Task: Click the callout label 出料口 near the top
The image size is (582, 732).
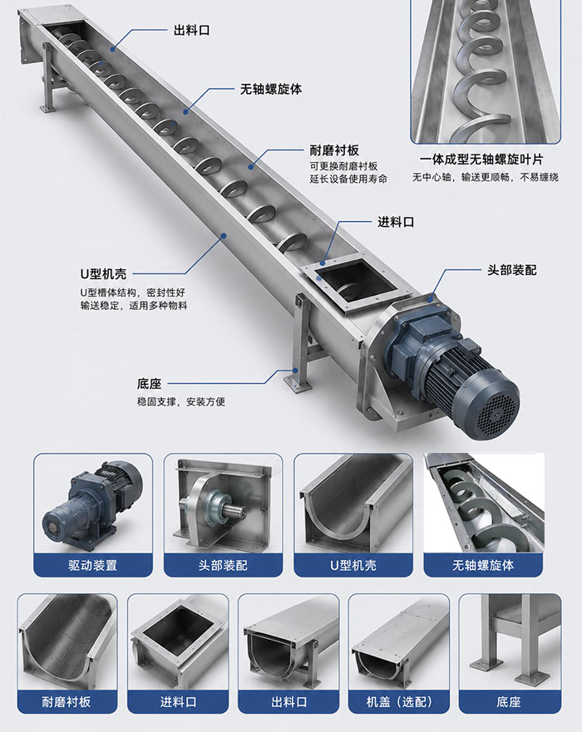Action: [x=191, y=31]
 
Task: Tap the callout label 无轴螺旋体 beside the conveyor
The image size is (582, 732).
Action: [x=271, y=89]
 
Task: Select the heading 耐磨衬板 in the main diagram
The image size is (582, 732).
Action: [x=334, y=150]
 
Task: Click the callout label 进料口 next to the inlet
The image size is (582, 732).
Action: [x=396, y=222]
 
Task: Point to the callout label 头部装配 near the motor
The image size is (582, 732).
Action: [x=512, y=270]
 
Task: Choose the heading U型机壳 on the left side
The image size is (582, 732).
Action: [x=103, y=273]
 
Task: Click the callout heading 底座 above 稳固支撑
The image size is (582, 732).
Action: [x=149, y=384]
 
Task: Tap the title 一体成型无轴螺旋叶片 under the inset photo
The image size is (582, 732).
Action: [x=481, y=160]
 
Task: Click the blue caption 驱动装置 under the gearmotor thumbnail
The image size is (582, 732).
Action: [x=92, y=565]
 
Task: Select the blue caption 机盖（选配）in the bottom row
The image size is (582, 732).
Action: [x=399, y=701]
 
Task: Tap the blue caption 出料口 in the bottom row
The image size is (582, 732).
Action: [x=289, y=701]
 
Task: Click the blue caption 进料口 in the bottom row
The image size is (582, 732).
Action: [x=178, y=701]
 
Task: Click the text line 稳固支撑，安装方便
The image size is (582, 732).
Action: [x=181, y=401]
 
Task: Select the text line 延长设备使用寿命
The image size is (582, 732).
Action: [x=348, y=179]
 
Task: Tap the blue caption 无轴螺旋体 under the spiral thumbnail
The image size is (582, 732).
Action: [x=483, y=565]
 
